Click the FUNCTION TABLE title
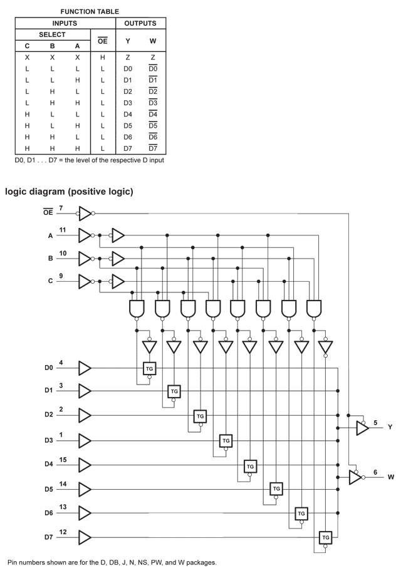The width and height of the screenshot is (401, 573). click(90, 12)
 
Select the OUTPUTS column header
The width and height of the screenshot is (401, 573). click(140, 23)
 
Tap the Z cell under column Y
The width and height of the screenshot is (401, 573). click(128, 58)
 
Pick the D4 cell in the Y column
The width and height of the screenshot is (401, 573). click(128, 115)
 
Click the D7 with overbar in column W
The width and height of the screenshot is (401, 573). click(153, 148)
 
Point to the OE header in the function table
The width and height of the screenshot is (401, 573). click(103, 41)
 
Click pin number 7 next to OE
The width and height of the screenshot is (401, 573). click(61, 209)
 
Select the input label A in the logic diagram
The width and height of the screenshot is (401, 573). click(51, 236)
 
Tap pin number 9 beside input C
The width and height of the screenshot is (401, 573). click(61, 276)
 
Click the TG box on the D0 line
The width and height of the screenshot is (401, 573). click(150, 369)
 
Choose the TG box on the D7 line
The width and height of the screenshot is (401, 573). click(326, 537)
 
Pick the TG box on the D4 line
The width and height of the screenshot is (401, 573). click(250, 467)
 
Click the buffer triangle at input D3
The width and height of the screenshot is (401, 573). click(85, 441)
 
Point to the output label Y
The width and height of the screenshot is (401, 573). click(390, 427)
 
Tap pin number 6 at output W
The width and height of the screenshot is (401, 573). click(375, 473)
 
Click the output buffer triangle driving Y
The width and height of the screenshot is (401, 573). click(363, 428)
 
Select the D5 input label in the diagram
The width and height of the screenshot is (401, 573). click(49, 489)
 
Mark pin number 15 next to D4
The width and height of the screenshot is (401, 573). click(63, 460)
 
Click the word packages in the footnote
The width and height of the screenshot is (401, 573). click(200, 563)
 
